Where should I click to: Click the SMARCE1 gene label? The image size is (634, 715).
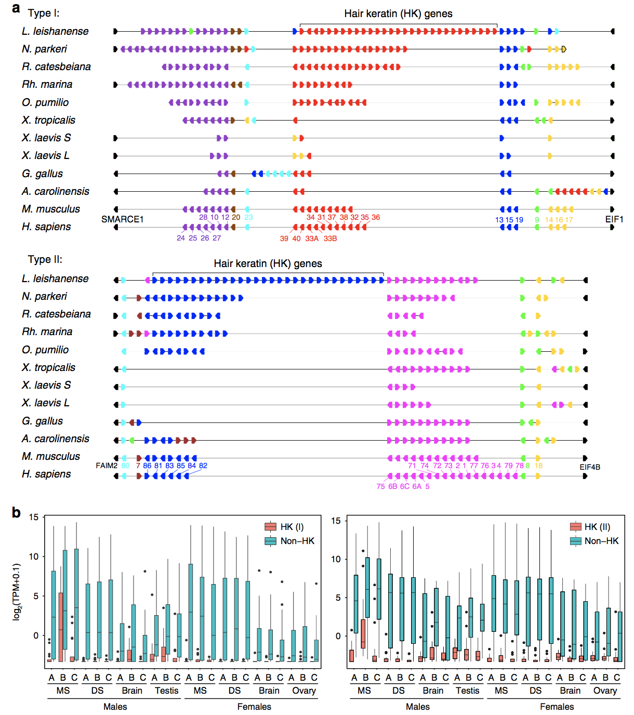(x=122, y=219)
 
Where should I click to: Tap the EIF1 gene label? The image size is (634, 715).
(x=614, y=219)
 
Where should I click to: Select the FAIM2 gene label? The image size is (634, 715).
(x=107, y=466)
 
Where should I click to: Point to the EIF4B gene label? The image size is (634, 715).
(x=590, y=467)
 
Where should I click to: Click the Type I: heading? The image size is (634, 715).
(x=44, y=13)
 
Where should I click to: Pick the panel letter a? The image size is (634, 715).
(x=16, y=8)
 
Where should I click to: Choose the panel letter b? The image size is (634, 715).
(x=16, y=513)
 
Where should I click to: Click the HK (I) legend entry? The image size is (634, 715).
(x=292, y=527)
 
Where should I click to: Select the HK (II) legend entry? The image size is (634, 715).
(x=597, y=527)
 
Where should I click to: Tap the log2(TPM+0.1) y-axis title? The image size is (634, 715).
(x=17, y=592)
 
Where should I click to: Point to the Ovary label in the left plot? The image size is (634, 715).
(x=304, y=691)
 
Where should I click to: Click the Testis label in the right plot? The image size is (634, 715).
(x=468, y=691)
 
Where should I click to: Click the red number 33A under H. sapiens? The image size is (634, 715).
(x=312, y=239)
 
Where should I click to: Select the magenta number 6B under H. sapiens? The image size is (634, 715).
(x=392, y=486)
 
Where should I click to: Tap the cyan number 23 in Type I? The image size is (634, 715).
(x=248, y=217)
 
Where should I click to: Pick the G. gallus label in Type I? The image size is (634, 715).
(x=43, y=174)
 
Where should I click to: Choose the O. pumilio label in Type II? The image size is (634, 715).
(x=45, y=350)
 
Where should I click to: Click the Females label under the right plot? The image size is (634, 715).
(x=557, y=707)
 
